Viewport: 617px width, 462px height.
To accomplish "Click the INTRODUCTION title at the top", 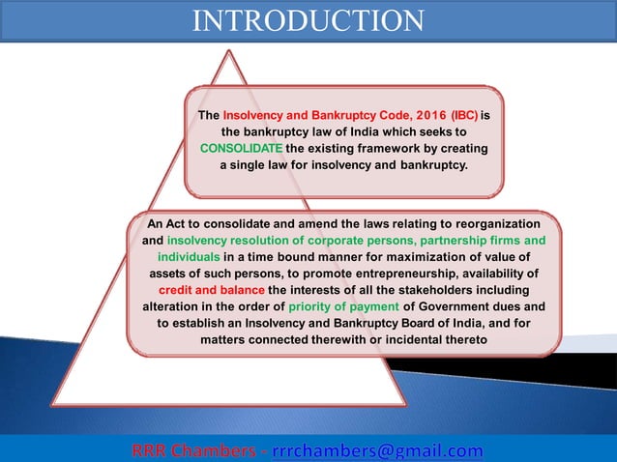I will [x=308, y=20].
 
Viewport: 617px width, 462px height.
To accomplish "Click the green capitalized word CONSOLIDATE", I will [x=242, y=148].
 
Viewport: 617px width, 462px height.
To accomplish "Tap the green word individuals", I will [x=189, y=256].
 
